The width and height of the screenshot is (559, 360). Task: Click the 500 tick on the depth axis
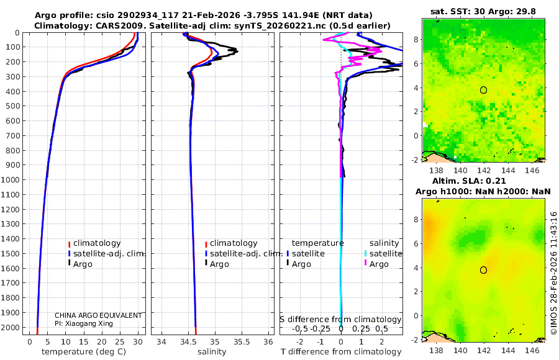coord(12,106)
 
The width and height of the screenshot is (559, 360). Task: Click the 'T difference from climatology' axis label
coord(341,352)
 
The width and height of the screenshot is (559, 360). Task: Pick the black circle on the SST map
coord(483,90)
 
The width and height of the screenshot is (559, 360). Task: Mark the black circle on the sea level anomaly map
coord(483,270)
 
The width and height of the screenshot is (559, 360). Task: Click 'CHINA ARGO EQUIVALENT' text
coord(98,315)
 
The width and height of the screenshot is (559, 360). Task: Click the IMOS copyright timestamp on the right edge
coord(553,273)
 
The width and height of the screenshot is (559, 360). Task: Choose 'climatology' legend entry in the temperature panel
coord(97,243)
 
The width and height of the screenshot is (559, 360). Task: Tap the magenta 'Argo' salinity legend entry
coord(379,264)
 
